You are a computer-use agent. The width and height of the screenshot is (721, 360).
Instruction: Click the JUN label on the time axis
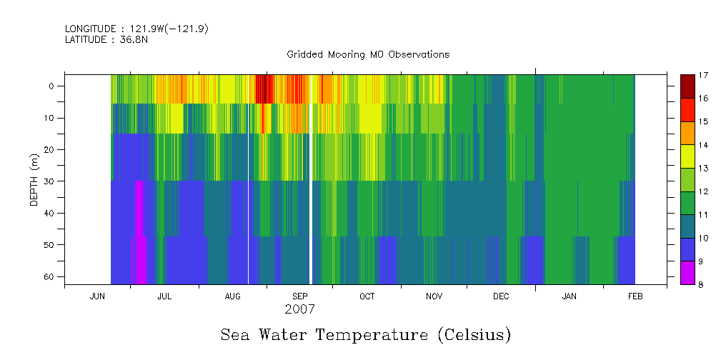tap(97, 296)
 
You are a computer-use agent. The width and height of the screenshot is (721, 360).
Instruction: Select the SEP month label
tap(299, 296)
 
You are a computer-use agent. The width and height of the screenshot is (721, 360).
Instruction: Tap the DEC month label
tap(500, 296)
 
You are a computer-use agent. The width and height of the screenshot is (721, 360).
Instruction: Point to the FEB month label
tap(635, 296)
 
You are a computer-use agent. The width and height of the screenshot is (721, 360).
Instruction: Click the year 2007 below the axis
tap(299, 310)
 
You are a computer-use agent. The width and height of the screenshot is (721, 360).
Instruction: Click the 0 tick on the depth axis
tap(51, 86)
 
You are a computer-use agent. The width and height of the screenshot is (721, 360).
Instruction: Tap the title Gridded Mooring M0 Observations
tap(368, 54)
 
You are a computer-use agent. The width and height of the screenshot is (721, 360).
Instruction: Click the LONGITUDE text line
tap(136, 29)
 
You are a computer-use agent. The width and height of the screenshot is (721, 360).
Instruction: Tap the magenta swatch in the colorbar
tap(687, 273)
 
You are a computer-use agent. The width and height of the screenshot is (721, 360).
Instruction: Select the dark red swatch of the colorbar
tap(687, 86)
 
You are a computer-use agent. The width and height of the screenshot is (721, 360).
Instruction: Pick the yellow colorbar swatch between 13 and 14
tap(687, 156)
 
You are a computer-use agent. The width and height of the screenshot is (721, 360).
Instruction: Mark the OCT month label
tap(367, 296)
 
